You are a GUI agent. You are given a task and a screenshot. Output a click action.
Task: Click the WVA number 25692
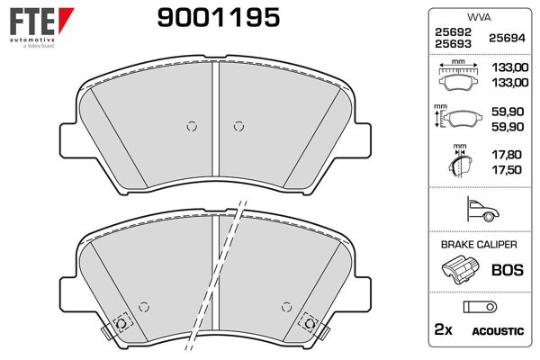(x=450, y=32)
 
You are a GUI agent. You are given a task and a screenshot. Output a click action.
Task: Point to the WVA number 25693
(x=450, y=44)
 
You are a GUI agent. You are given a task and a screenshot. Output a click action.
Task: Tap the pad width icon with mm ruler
(x=459, y=76)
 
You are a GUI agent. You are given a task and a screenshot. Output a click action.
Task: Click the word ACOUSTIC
(x=498, y=331)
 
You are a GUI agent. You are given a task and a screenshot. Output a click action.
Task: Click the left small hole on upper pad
(x=190, y=126)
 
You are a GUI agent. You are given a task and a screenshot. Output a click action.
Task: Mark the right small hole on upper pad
(x=238, y=126)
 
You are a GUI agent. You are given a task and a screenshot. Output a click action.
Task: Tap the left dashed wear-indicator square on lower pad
(x=121, y=322)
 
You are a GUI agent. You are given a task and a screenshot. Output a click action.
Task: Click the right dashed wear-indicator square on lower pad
(x=310, y=320)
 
